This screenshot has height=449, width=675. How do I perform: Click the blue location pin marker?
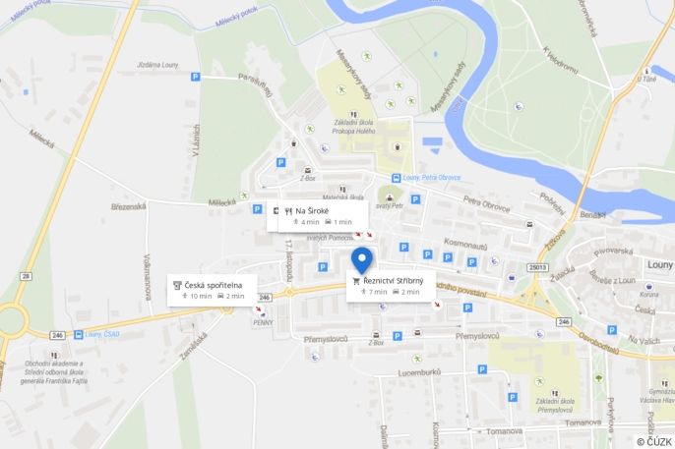click(362, 259)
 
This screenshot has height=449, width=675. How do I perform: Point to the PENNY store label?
click(263, 320)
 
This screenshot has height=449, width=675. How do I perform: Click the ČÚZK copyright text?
click(654, 441)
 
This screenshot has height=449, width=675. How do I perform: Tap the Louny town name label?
click(659, 263)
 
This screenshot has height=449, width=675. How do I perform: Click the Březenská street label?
click(128, 206)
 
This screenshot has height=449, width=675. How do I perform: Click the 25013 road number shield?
click(537, 266)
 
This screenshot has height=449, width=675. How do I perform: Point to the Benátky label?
click(592, 214)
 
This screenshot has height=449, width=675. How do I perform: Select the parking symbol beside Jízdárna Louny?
click(195, 76)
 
